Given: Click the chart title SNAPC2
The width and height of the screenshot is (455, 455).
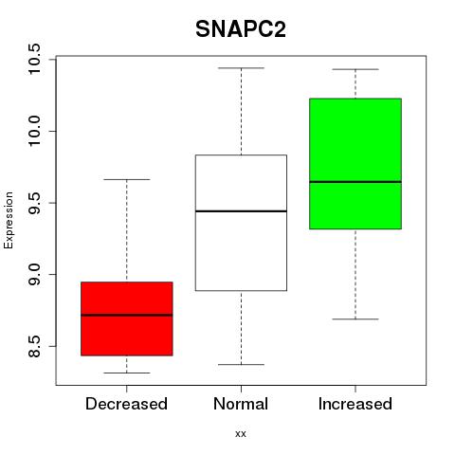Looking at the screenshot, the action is tap(241, 29).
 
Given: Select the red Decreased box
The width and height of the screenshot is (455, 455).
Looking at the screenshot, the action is tap(127, 318).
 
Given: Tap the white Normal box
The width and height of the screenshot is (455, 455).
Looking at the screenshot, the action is tap(241, 223).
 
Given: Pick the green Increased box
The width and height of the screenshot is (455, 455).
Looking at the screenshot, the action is tap(355, 164).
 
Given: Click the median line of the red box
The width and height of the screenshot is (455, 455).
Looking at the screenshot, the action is tap(127, 315).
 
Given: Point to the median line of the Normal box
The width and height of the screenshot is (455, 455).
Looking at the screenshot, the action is tap(241, 210).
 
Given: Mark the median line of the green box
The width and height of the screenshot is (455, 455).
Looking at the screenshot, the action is tap(355, 182).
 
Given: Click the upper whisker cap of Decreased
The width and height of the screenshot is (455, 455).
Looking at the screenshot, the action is tap(127, 179).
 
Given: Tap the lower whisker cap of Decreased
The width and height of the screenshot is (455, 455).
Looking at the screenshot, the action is tap(127, 373).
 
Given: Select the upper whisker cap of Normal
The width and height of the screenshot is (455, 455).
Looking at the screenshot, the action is tap(241, 68).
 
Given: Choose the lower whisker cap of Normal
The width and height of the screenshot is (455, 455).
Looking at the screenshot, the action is tap(241, 364).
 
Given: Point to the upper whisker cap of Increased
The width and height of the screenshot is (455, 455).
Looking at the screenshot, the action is tap(355, 69).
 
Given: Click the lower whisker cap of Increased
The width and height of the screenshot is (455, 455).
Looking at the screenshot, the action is tap(355, 319).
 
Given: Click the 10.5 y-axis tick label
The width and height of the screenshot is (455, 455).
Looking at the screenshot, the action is tap(34, 59).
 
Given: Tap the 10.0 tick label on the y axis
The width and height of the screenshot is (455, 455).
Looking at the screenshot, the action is tap(34, 131).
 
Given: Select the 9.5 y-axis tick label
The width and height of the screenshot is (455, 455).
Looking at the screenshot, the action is tap(34, 203).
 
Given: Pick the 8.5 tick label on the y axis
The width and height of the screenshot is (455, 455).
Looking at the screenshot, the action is tap(34, 346).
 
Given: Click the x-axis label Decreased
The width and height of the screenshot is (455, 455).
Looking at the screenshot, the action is tap(126, 404).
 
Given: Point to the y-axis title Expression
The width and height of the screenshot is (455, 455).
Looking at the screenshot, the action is tap(9, 220).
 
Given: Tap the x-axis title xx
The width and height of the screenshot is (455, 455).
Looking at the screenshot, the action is tap(241, 434).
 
